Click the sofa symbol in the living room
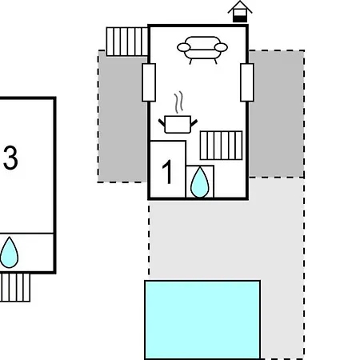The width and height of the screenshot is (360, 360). pos(202,50)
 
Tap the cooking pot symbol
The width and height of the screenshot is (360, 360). pos(178,124)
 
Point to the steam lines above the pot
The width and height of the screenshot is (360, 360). pos(179,102)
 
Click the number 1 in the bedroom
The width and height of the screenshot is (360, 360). pos(167,172)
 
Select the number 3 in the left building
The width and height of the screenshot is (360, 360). pos(10,158)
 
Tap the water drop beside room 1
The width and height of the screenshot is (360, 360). pos(200,182)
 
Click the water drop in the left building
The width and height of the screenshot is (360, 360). pos(10,252)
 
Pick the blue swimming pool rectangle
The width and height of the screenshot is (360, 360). pos(202,320)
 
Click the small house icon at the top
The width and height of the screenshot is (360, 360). pos(240,11)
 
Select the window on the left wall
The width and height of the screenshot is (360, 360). pos(149,82)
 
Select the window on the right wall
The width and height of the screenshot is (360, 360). pos(247,82)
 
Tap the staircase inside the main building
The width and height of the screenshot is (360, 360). pos(222,146)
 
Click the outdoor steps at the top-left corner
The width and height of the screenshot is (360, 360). pos(127,42)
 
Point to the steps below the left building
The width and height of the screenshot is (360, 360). pos(15,287)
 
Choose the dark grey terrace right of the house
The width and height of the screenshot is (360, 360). pos(276,114)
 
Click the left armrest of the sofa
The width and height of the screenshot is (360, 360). pos(184,47)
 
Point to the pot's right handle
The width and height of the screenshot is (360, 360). pos(194,123)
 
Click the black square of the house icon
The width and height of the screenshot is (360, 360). pos(240,19)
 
